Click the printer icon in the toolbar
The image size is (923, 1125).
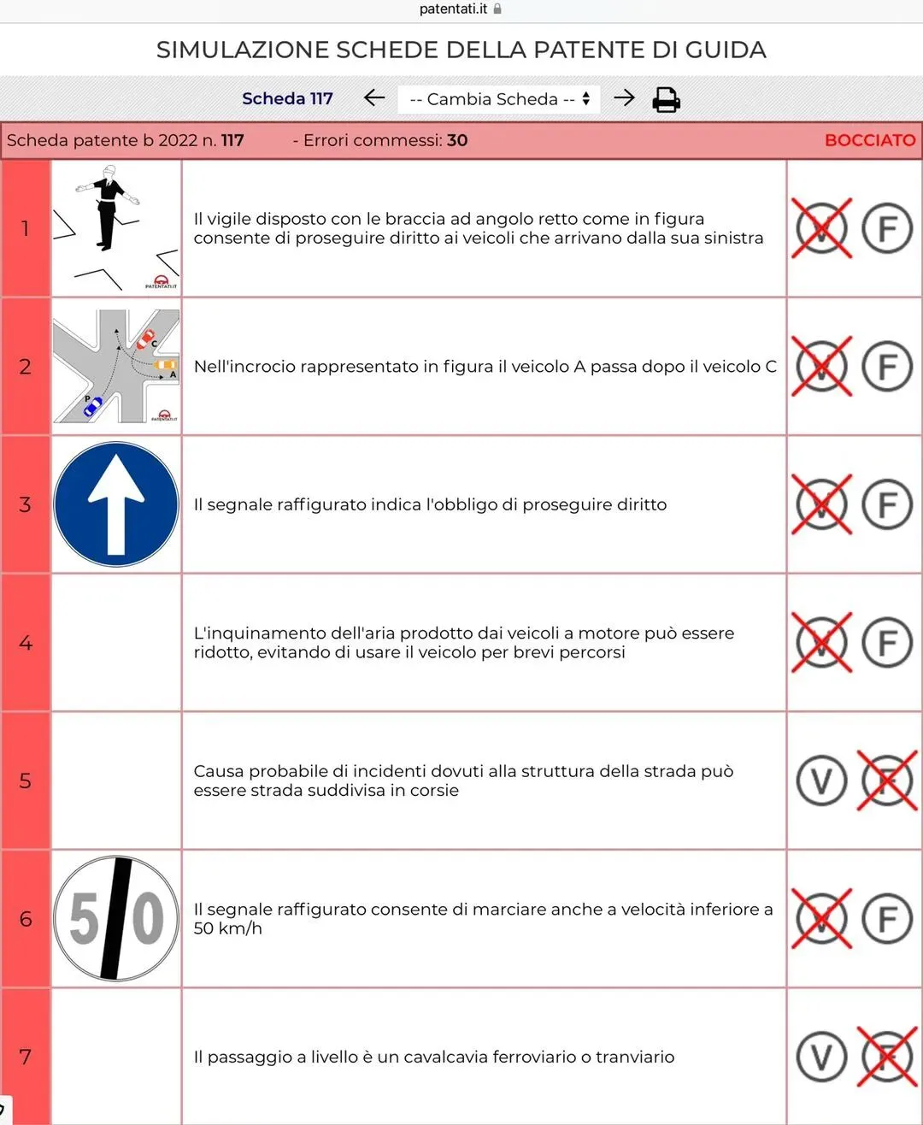(666, 100)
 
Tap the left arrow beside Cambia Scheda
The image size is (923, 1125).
(374, 97)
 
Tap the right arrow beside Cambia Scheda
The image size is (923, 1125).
(624, 97)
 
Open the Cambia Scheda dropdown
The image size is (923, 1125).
(499, 99)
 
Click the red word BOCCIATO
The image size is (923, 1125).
(870, 140)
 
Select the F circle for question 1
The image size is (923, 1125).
(887, 228)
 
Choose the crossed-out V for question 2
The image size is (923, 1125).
(821, 367)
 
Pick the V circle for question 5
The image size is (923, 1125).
(821, 781)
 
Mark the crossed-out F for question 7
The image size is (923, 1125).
(887, 1057)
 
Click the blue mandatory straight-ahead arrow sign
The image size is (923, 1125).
(116, 504)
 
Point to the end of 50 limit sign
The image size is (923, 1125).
(116, 919)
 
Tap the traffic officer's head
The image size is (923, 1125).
(109, 171)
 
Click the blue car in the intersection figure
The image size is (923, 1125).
(93, 406)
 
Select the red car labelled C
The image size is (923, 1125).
(145, 339)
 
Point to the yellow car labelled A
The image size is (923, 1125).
(165, 365)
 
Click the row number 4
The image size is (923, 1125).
(25, 643)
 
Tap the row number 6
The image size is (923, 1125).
(25, 919)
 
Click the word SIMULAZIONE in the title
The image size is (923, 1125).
(243, 50)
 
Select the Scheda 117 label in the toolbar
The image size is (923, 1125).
(287, 98)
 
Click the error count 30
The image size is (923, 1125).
(457, 140)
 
